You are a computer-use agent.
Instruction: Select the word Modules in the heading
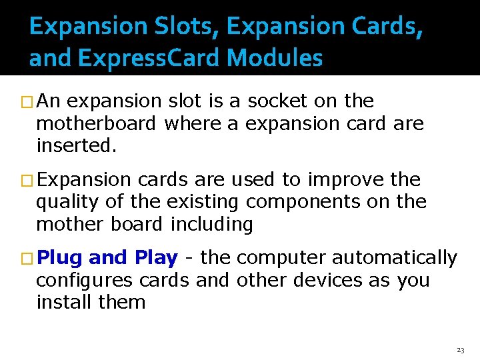click(x=275, y=59)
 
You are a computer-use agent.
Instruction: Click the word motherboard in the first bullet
click(x=96, y=123)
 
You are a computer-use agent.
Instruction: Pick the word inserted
click(x=76, y=145)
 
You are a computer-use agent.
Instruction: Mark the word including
click(x=212, y=225)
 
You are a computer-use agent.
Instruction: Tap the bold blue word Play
click(x=156, y=257)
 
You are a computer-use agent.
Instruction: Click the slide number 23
click(x=460, y=350)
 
